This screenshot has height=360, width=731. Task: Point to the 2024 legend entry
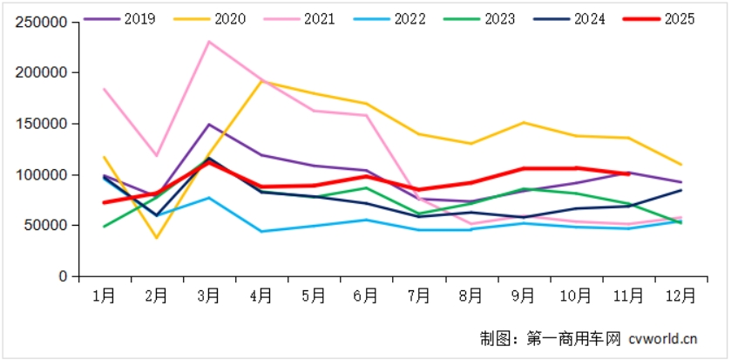[584, 18]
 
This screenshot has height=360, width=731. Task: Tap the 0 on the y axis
[63, 276]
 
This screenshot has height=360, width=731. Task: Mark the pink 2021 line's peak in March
[209, 42]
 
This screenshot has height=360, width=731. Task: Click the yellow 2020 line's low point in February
[157, 238]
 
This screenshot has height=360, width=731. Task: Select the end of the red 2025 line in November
[627, 173]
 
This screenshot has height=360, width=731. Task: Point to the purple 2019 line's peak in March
[209, 125]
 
